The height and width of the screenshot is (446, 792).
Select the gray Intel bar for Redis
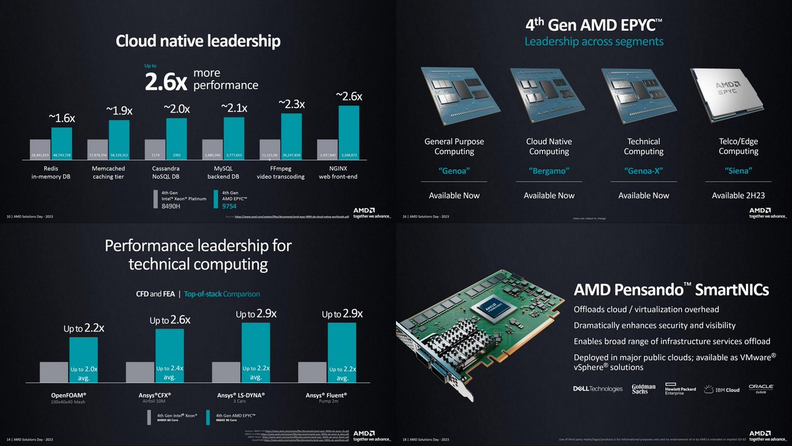pyautogui.click(x=40, y=149)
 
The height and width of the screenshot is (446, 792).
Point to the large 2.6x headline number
pyautogui.click(x=166, y=83)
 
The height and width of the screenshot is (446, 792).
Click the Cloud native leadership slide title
pyautogui.click(x=198, y=41)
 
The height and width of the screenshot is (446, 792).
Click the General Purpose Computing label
pyautogui.click(x=453, y=146)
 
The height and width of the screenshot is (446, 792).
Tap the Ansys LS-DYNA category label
pyautogui.click(x=255, y=396)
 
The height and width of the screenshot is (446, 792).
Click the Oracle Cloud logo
pyautogui.click(x=756, y=389)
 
